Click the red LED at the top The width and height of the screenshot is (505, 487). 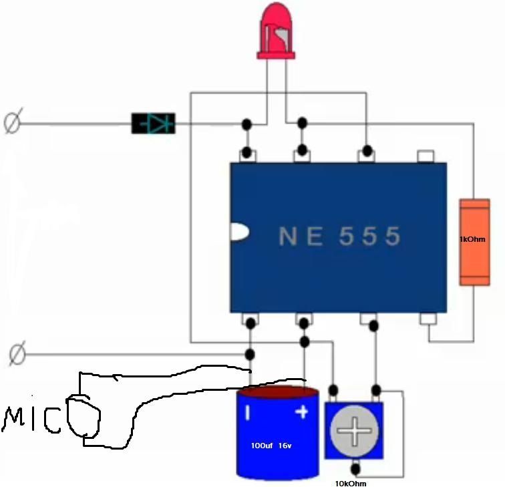(276, 31)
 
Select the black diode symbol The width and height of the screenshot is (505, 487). (154, 124)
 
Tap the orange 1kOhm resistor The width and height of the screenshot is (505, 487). (474, 242)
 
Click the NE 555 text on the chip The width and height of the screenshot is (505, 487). (340, 236)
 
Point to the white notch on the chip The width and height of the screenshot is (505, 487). (239, 232)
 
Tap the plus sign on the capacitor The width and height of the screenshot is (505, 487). (302, 412)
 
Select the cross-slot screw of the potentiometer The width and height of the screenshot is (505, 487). (354, 431)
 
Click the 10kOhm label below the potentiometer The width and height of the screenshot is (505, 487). (351, 484)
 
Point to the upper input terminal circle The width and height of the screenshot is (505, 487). (13, 120)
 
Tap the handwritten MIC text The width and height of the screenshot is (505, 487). (31, 420)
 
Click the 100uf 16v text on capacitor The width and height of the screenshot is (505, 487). (271, 446)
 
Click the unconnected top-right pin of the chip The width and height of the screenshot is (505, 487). (426, 156)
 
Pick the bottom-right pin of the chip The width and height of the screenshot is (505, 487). (428, 319)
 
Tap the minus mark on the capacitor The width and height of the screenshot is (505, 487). (248, 413)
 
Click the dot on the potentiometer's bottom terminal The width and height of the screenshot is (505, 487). (355, 469)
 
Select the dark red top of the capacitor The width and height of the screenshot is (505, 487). (278, 391)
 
